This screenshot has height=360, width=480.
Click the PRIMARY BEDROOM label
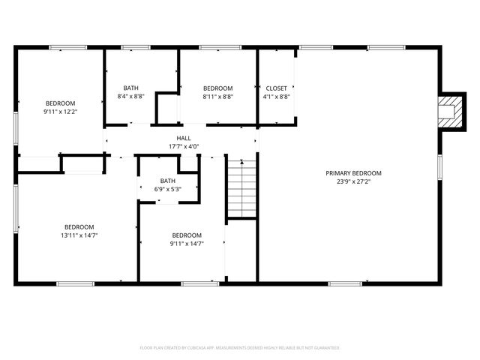coord(353,172)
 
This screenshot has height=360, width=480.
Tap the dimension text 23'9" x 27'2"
coord(353,181)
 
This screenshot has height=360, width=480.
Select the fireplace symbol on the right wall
coord(448,110)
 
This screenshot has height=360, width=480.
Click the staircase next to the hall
coord(241,187)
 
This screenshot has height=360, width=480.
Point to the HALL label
coord(183,138)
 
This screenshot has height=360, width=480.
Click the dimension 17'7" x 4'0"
coord(183,146)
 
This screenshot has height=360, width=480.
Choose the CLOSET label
coord(276,88)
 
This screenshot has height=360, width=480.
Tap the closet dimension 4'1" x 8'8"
coord(276,96)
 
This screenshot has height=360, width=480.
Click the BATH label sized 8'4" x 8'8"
coord(130,88)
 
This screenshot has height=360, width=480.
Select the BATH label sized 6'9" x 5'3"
coord(167,181)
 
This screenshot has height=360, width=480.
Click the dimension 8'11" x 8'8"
coord(217,96)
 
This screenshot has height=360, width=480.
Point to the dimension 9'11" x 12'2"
coord(60,111)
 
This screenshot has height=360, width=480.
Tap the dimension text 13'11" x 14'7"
coord(79,235)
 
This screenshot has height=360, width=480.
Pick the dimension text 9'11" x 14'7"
coord(186,243)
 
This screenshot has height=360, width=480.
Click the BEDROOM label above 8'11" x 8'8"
coord(217,88)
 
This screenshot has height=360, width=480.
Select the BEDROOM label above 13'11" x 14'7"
coord(79,227)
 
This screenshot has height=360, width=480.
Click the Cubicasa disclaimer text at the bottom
coord(240,348)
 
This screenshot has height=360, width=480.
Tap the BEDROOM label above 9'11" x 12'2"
coord(60,103)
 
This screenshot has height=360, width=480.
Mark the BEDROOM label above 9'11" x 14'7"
coord(186,235)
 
